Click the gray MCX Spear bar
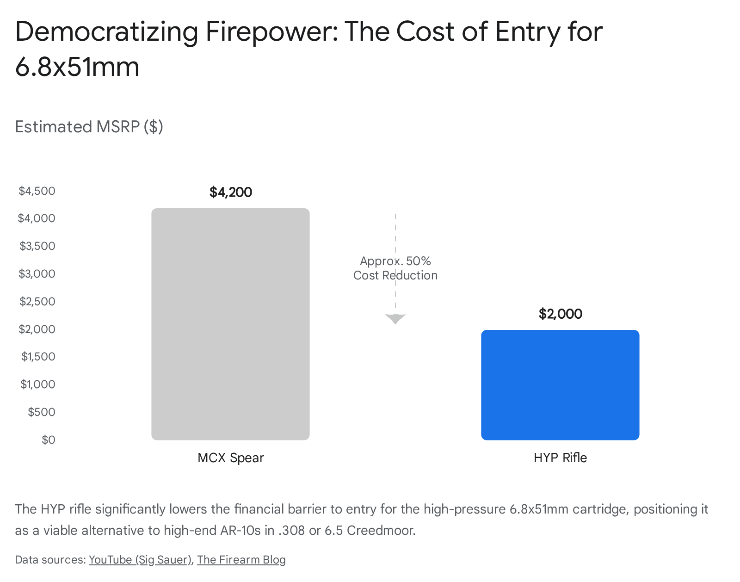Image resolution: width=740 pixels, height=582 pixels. (x=230, y=324)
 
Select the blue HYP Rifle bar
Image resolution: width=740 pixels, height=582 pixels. (x=560, y=385)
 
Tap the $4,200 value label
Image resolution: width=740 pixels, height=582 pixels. (x=230, y=192)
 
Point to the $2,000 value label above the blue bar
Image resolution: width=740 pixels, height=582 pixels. (x=560, y=314)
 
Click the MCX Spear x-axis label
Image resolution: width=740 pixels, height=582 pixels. (x=230, y=458)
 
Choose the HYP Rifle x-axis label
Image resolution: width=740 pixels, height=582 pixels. (x=560, y=458)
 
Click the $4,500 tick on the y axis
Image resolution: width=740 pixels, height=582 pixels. (x=37, y=191)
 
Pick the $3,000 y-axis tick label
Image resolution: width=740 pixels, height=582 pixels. (x=37, y=273)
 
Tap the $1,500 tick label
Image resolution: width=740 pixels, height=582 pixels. (x=38, y=356)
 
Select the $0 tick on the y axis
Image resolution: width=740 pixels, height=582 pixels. (x=48, y=440)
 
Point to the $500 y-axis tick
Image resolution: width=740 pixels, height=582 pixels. (x=42, y=412)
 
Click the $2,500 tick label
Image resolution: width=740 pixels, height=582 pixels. (x=37, y=301)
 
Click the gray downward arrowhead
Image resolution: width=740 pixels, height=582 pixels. (x=395, y=318)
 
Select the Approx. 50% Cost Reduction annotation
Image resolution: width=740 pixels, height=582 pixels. (x=395, y=268)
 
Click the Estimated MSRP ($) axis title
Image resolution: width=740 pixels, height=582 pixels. (x=89, y=126)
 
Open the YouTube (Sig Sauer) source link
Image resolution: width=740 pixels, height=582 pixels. (x=140, y=559)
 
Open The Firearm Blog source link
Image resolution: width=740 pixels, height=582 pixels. (x=241, y=559)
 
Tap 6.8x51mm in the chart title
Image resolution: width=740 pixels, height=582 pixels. (x=77, y=67)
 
